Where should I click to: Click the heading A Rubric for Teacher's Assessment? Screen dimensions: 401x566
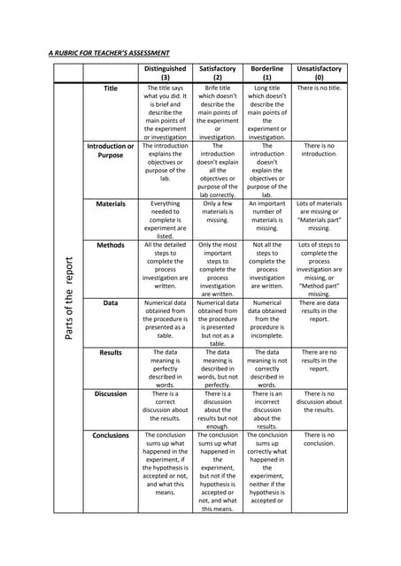click(x=108, y=53)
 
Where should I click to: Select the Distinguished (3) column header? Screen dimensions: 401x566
click(x=165, y=73)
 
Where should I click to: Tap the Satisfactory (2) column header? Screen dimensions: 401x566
click(x=217, y=73)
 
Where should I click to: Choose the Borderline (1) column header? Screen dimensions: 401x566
click(x=266, y=73)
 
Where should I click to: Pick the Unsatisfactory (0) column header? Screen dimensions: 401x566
click(x=319, y=73)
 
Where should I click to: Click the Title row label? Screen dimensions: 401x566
click(x=111, y=88)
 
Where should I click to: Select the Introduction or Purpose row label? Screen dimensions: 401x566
click(x=111, y=150)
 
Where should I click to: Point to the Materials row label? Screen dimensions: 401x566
click(x=111, y=203)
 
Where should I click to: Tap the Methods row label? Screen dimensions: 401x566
click(x=111, y=244)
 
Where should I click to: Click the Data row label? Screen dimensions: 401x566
click(x=111, y=302)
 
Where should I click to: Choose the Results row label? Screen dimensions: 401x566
click(x=111, y=352)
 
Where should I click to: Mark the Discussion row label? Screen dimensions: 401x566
click(x=111, y=394)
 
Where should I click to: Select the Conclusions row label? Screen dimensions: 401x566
click(x=111, y=435)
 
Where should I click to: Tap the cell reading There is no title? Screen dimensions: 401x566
click(x=319, y=88)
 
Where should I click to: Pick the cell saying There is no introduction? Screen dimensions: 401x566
click(x=319, y=149)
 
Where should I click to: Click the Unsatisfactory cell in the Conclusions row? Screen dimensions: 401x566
click(x=319, y=440)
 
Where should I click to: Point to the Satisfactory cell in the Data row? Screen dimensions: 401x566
click(x=217, y=323)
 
